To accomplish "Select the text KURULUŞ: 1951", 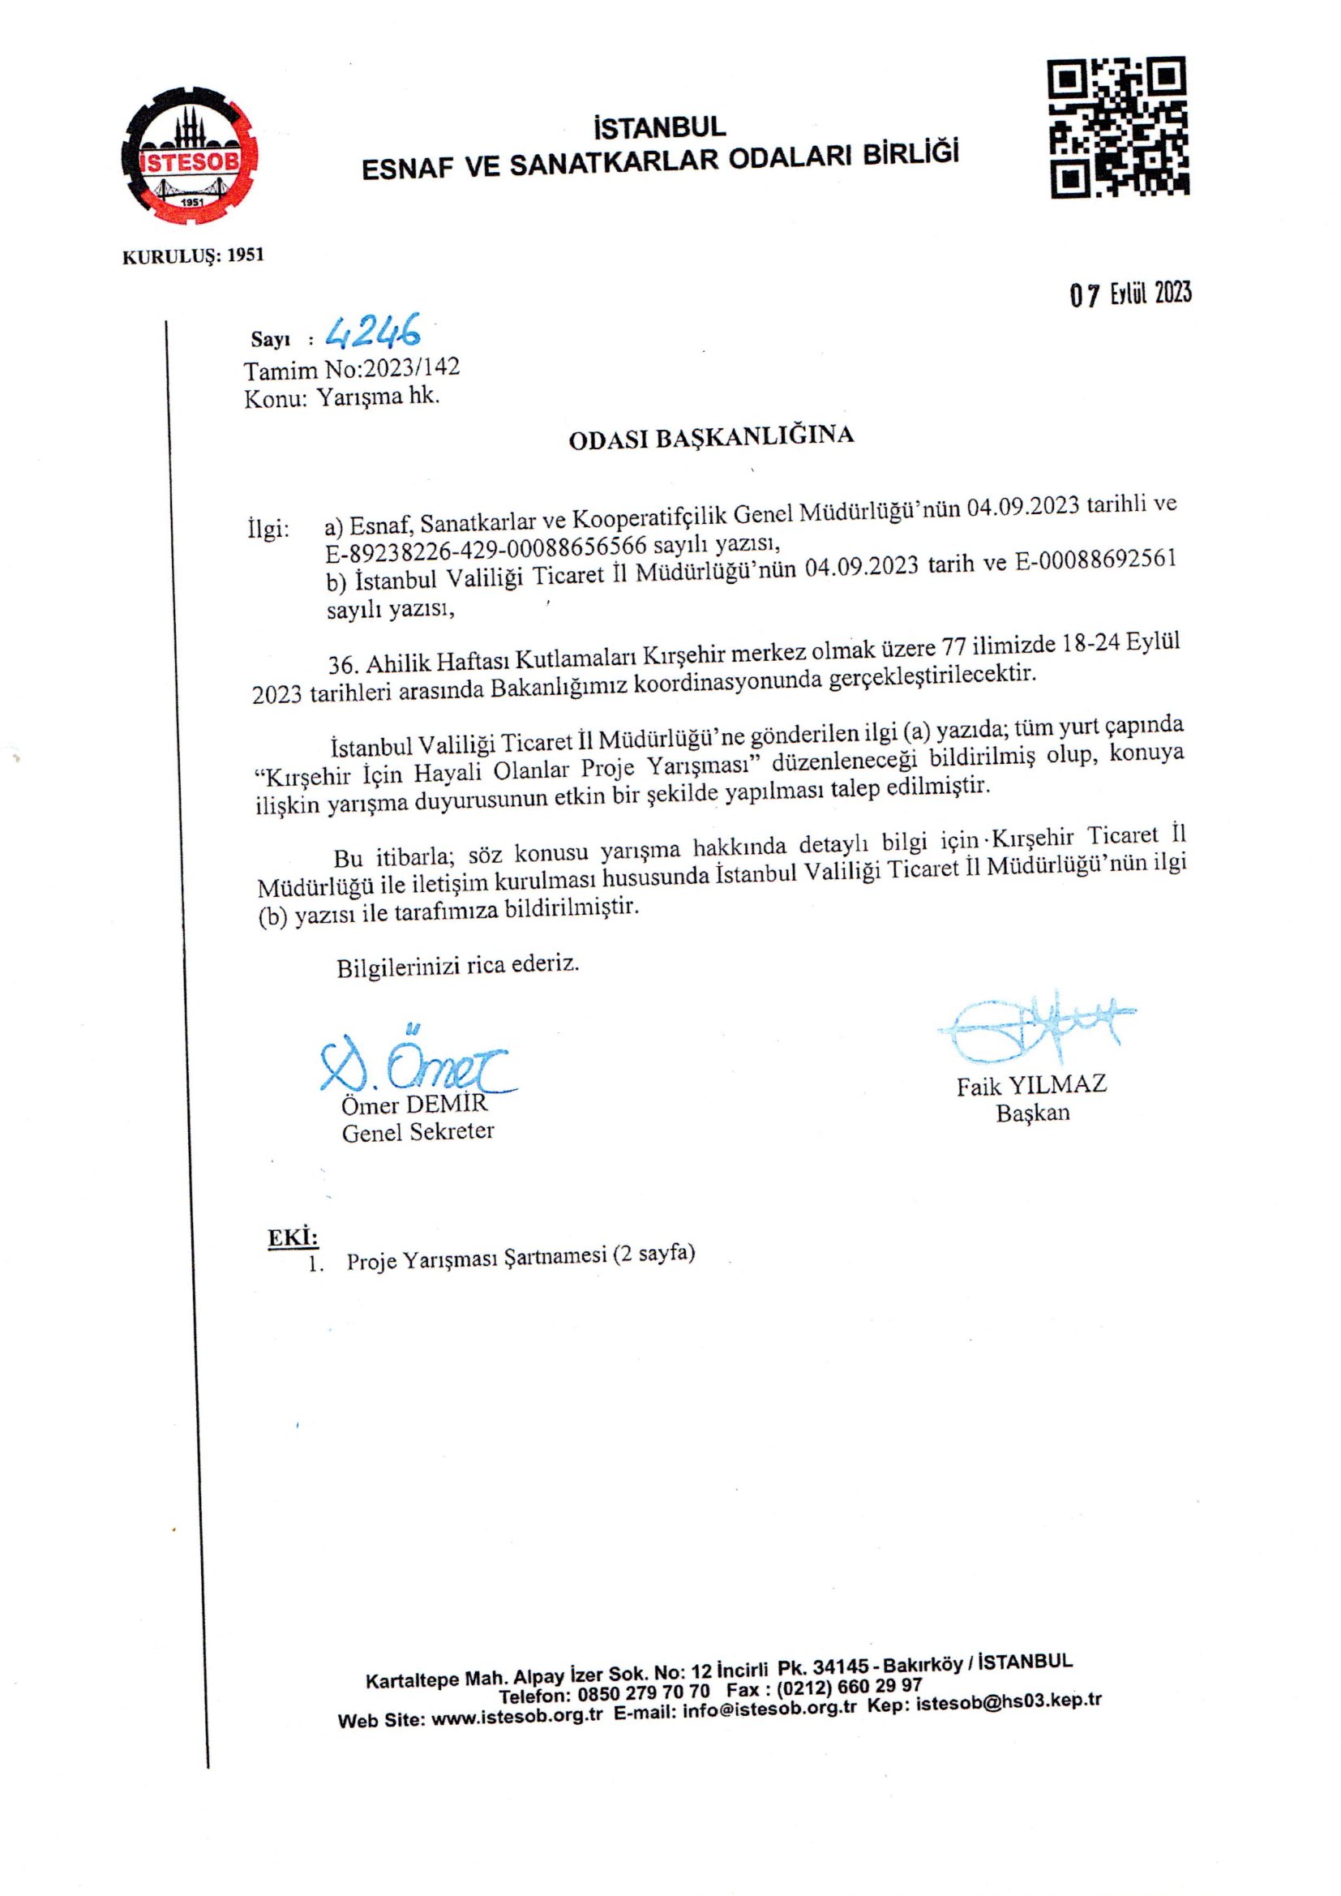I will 193,256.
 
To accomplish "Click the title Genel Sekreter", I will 418,1131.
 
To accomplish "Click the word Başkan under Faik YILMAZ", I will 1032,1113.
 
